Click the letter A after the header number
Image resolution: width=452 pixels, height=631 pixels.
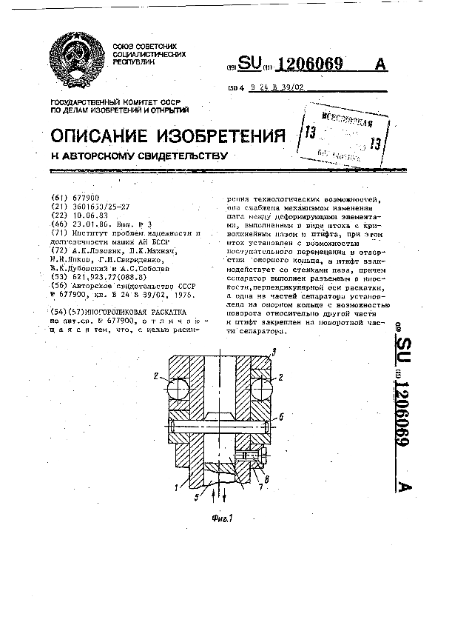pos(382,64)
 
